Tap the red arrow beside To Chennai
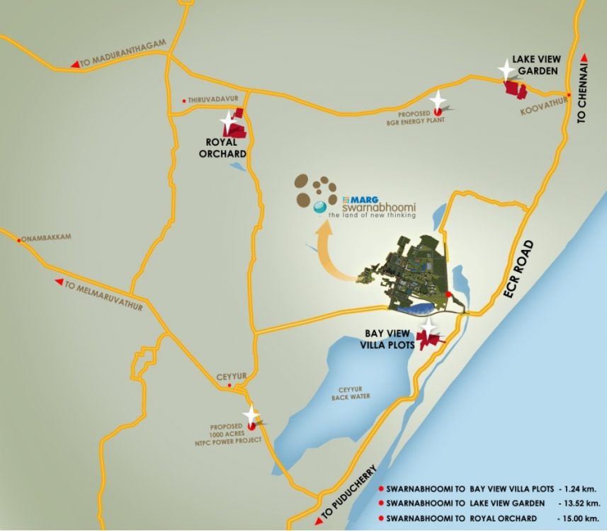tap(584, 58)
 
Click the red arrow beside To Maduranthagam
tap(75, 64)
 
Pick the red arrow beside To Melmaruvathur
tap(59, 281)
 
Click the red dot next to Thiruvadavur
tap(184, 101)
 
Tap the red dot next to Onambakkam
tap(18, 238)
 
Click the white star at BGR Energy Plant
tap(439, 100)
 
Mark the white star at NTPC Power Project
tap(251, 415)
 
